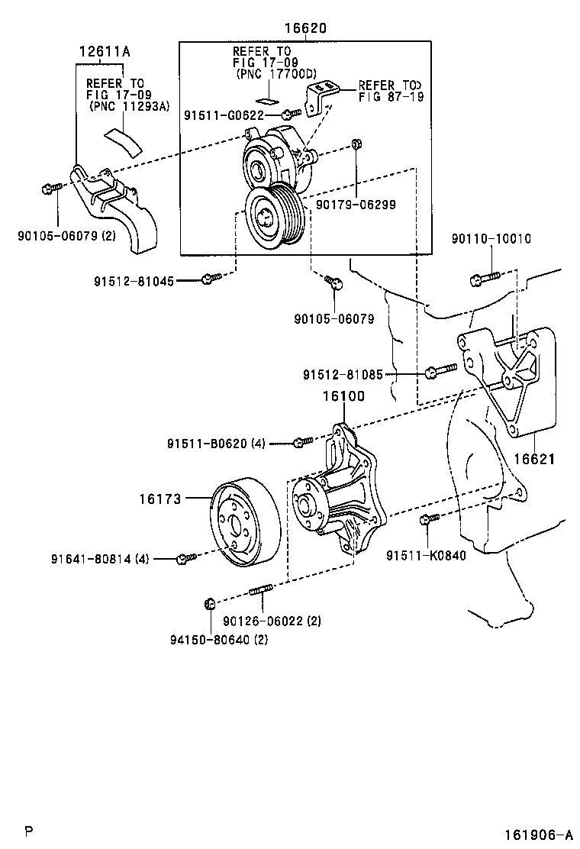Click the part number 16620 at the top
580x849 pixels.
pyautogui.click(x=305, y=28)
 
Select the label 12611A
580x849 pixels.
pyautogui.click(x=104, y=52)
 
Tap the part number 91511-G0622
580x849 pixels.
pyautogui.click(x=224, y=115)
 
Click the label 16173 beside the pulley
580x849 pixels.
pyautogui.click(x=159, y=499)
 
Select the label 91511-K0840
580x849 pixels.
pyautogui.click(x=425, y=555)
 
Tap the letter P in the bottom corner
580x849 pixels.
pyautogui.click(x=28, y=831)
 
